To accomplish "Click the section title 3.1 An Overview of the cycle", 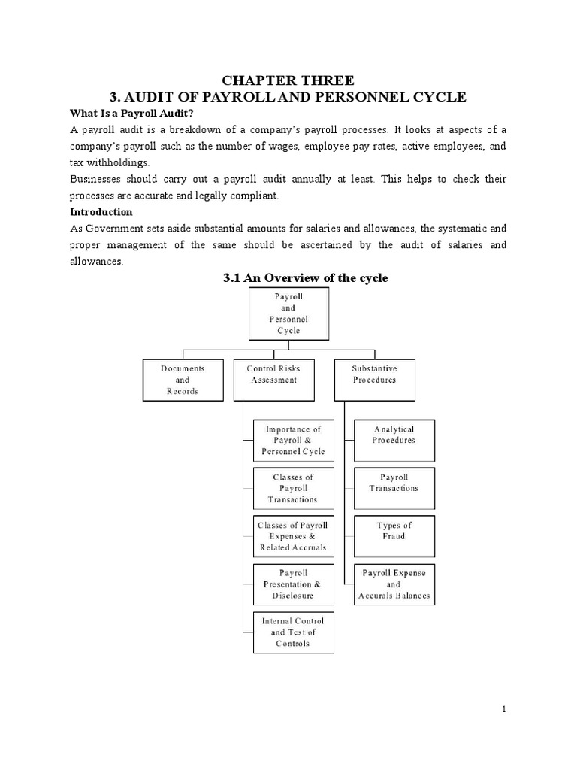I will (306, 277).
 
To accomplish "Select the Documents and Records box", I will (182, 380).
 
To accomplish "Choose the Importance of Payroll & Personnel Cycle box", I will (292, 440).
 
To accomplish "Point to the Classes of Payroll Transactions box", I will (293, 488).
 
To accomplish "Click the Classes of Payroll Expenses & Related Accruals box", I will (293, 536).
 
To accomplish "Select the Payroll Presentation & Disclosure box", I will (293, 584).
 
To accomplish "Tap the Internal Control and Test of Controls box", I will (293, 632).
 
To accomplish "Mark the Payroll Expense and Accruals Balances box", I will (394, 584).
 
